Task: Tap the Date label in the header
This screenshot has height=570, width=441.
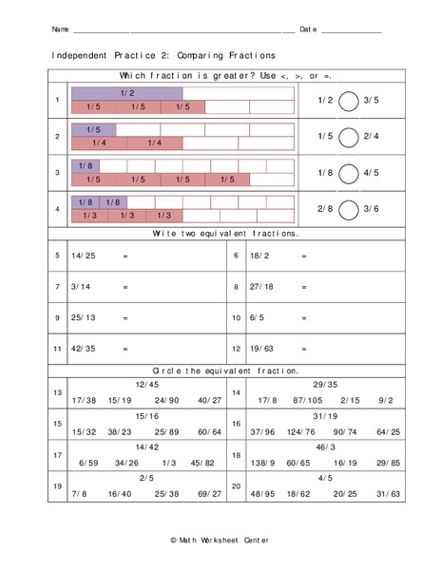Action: (308, 29)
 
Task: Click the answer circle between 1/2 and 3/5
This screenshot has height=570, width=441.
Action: (348, 100)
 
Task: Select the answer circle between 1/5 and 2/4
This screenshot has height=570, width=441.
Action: (348, 136)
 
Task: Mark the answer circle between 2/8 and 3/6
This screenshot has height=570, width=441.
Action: (348, 208)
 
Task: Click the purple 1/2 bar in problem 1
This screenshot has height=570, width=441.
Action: (127, 93)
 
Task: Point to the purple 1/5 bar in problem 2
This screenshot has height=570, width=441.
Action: (93, 129)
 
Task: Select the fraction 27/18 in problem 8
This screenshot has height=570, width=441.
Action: (261, 286)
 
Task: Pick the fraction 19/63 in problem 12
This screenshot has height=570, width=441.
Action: (261, 349)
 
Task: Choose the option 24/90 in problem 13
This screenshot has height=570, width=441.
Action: (166, 400)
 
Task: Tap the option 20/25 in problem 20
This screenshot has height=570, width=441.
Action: (347, 495)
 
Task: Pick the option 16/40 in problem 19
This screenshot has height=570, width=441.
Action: (120, 495)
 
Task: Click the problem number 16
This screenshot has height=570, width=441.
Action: (237, 425)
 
